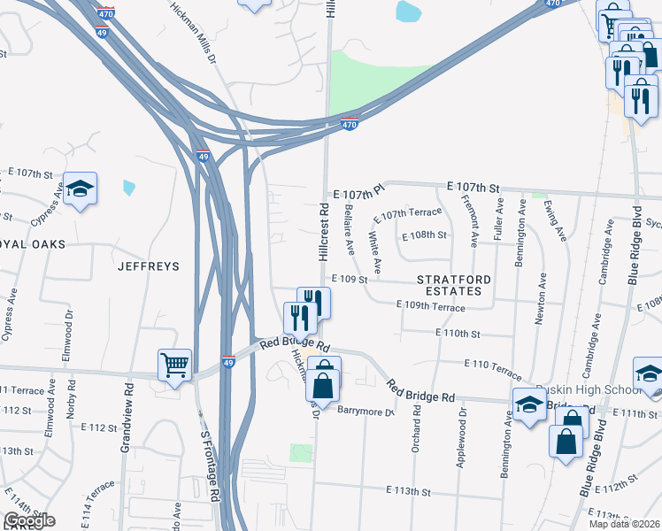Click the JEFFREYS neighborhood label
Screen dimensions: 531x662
click(x=148, y=265)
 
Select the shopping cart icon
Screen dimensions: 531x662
click(x=175, y=363)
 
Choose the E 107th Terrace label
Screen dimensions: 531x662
click(x=407, y=214)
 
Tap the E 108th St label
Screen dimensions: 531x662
click(x=425, y=236)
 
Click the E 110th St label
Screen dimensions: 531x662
click(x=458, y=334)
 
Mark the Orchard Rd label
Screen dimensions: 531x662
click(x=415, y=430)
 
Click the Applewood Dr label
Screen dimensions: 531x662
click(x=461, y=432)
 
